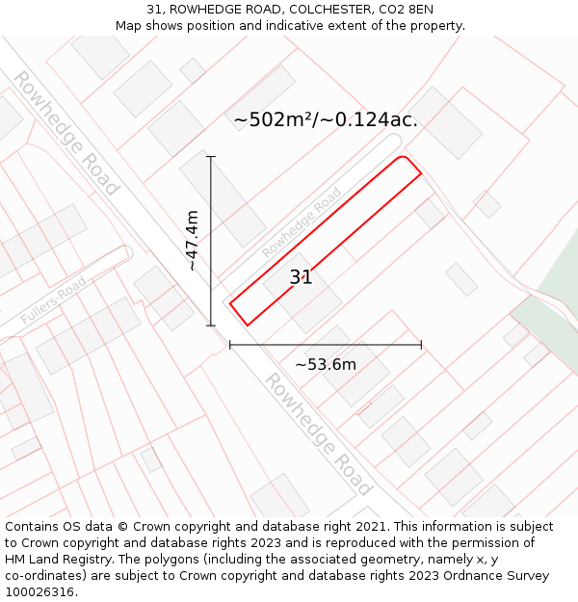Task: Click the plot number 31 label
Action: [x=301, y=277]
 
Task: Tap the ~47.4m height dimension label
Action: [x=192, y=241]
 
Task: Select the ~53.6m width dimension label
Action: [x=326, y=364]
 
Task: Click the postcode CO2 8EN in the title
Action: [x=399, y=10]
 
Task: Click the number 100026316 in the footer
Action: [x=40, y=592]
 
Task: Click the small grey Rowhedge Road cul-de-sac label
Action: [x=302, y=222]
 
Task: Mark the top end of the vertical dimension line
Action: [x=211, y=156]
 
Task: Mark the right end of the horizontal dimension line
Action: [x=421, y=345]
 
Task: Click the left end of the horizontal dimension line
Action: [x=230, y=345]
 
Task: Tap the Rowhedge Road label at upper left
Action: [x=66, y=132]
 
